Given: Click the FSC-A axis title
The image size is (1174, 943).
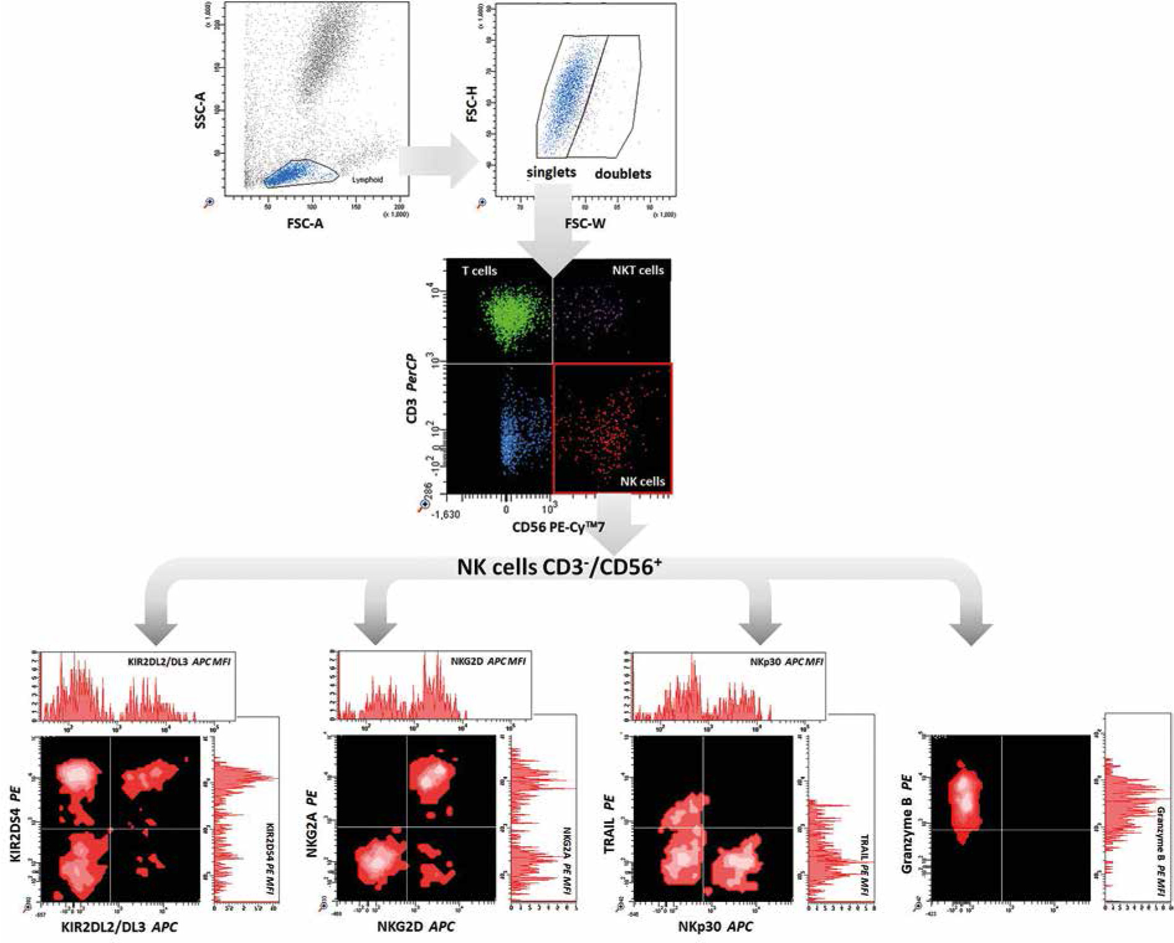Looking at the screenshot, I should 305,223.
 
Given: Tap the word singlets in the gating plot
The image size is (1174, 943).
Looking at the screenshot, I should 551,172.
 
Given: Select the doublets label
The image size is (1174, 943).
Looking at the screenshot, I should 623,174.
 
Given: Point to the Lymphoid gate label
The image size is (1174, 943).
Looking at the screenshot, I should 368,179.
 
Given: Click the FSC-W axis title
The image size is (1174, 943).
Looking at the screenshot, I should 585,223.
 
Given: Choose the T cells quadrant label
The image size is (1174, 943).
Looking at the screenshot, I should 479,271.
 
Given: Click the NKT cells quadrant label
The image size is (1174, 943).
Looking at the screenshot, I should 638,270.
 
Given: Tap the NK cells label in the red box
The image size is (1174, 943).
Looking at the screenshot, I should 642,481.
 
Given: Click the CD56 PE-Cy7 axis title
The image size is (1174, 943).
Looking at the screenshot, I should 558,527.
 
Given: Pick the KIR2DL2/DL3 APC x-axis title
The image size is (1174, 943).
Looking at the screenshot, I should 119,927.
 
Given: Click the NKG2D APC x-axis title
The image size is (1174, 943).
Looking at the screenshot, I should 415,927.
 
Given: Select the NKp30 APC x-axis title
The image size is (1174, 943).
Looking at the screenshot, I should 715,927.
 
